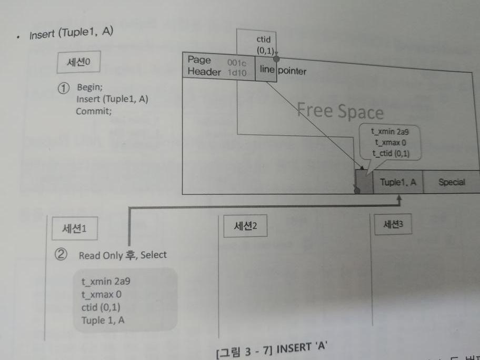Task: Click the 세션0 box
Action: click(78, 62)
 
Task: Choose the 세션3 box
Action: click(390, 224)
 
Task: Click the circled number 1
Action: click(64, 88)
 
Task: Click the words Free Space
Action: click(340, 111)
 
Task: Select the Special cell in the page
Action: click(451, 182)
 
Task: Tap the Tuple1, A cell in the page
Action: click(398, 182)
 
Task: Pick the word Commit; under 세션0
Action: click(93, 111)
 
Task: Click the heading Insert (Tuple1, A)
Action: click(72, 34)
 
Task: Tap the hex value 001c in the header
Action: click(236, 63)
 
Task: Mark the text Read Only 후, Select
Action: click(123, 255)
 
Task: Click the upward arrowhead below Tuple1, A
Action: click(398, 200)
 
